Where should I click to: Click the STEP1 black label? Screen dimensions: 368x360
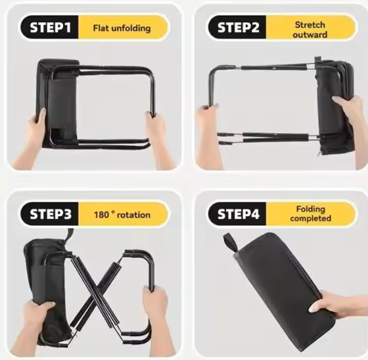tap(50, 27)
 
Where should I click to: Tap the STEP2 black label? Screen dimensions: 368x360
tap(237, 27)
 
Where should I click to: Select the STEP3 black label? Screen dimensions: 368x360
tap(50, 214)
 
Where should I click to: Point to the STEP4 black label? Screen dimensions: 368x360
tap(237, 214)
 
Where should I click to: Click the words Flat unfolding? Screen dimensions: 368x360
tap(122, 28)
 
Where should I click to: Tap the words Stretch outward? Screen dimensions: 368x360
tap(310, 29)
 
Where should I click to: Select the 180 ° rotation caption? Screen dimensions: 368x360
tap(122, 215)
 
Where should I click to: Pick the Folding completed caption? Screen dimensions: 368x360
tap(310, 213)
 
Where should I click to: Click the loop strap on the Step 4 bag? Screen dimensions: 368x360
tap(230, 242)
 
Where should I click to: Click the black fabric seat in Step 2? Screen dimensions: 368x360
tap(335, 106)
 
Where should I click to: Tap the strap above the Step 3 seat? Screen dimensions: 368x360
tap(70, 235)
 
